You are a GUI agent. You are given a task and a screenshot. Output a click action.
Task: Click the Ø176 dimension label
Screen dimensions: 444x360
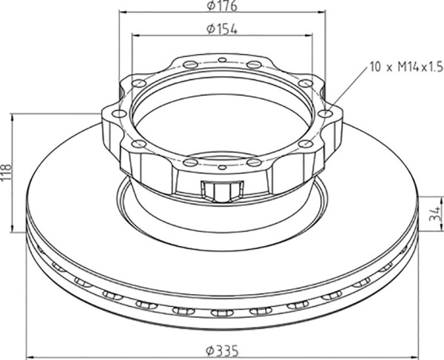pyautogui.click(x=222, y=6)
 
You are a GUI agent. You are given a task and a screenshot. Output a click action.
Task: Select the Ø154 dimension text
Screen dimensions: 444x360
pyautogui.click(x=222, y=29)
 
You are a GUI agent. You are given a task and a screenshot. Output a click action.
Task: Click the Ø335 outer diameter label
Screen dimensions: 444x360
pyautogui.click(x=222, y=351)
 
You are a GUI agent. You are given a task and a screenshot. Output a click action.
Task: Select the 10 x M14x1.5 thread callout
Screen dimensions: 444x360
pyautogui.click(x=406, y=67)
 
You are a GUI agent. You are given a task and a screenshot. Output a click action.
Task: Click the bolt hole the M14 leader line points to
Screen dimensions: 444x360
pyautogui.click(x=325, y=114)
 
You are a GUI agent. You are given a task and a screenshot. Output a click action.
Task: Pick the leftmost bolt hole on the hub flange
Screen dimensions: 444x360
pyautogui.click(x=119, y=114)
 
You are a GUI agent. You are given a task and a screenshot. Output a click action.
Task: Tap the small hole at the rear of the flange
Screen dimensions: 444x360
pyautogui.click(x=222, y=60)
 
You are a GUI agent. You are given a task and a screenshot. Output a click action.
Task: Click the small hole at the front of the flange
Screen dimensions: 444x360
pyautogui.click(x=223, y=167)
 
